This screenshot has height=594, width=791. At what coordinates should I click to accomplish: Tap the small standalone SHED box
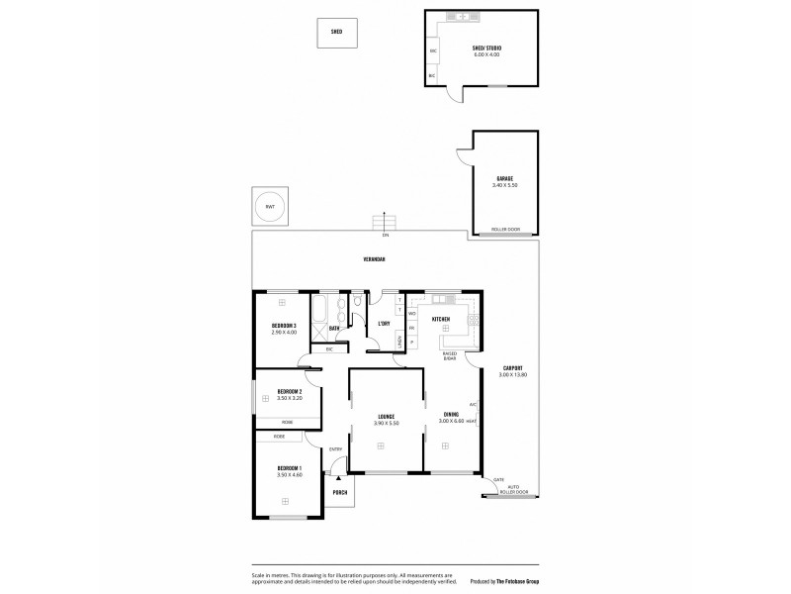click(336, 32)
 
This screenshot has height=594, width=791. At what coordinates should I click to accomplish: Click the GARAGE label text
click(504, 179)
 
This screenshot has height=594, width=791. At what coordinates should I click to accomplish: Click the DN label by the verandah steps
click(386, 236)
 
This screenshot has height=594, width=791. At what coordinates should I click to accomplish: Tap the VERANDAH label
click(373, 259)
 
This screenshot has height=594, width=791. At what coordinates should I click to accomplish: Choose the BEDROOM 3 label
click(284, 326)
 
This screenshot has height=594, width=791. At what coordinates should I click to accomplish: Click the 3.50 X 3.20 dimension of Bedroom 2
click(289, 398)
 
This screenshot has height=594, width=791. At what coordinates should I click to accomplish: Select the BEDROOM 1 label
click(289, 467)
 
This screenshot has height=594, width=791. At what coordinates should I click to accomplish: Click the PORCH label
click(340, 492)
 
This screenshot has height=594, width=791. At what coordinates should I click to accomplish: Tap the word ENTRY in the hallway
click(336, 450)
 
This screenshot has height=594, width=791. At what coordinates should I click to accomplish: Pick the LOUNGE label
click(386, 417)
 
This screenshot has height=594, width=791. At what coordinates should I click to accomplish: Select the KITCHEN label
click(441, 319)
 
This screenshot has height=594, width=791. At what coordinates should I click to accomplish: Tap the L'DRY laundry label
click(384, 323)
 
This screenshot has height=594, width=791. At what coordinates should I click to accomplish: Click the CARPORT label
click(512, 368)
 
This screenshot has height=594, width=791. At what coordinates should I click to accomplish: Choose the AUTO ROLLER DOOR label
click(517, 490)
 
